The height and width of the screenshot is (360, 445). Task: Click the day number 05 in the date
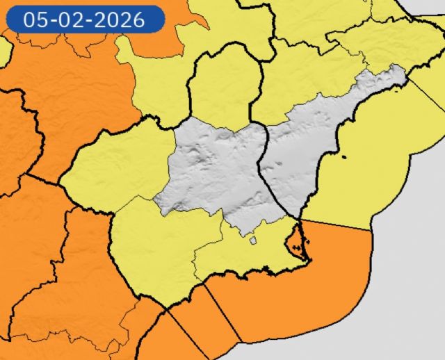pos(35,19)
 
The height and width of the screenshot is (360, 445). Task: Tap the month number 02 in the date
pos(68,19)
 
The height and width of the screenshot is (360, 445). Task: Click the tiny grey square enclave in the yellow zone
pos(253,242)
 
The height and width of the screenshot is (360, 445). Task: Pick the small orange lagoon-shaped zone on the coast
pos(297,240)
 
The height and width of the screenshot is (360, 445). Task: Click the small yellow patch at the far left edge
pos(4,49)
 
